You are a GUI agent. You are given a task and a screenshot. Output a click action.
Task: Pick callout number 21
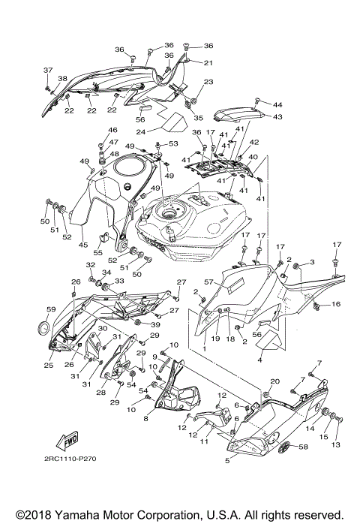[208, 62]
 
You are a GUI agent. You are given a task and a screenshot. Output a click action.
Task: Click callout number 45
[84, 244]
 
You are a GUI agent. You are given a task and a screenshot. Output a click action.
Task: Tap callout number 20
[274, 382]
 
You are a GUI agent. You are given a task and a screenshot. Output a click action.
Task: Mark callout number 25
[48, 366]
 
